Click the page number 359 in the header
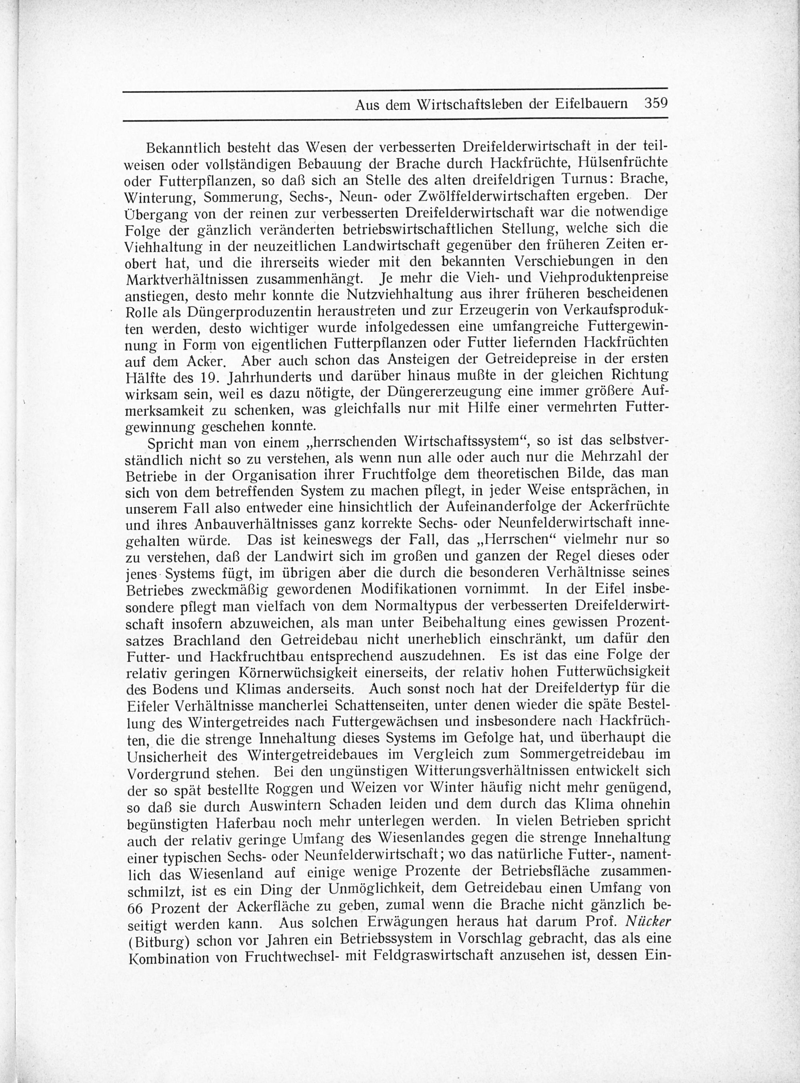pyautogui.click(x=656, y=104)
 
